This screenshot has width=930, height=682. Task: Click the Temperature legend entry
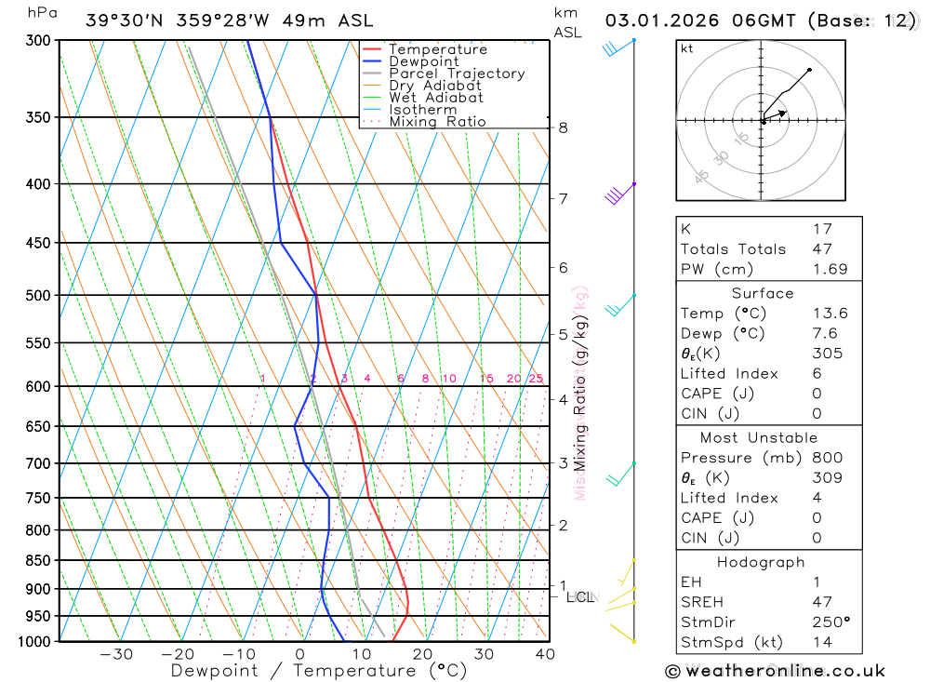(x=437, y=49)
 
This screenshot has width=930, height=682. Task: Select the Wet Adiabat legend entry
(x=435, y=98)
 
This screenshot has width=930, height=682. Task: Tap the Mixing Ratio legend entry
(x=437, y=122)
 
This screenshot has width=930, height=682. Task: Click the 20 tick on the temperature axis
(x=422, y=654)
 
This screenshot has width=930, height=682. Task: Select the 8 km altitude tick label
(x=563, y=127)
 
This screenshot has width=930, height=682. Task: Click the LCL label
(x=581, y=597)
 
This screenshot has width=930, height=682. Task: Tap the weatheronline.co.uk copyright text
(x=775, y=671)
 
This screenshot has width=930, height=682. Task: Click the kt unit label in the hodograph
(x=687, y=49)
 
